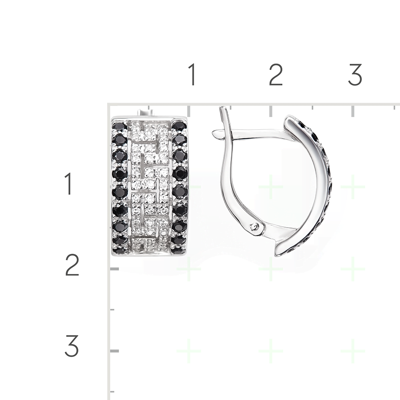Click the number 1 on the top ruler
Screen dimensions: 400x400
193,74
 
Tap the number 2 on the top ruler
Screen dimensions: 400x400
276,74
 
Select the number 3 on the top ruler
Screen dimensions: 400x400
355,74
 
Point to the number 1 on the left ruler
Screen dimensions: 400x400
68,184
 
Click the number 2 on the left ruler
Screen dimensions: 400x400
72,265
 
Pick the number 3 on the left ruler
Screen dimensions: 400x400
72,346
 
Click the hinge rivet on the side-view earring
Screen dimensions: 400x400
254,226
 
